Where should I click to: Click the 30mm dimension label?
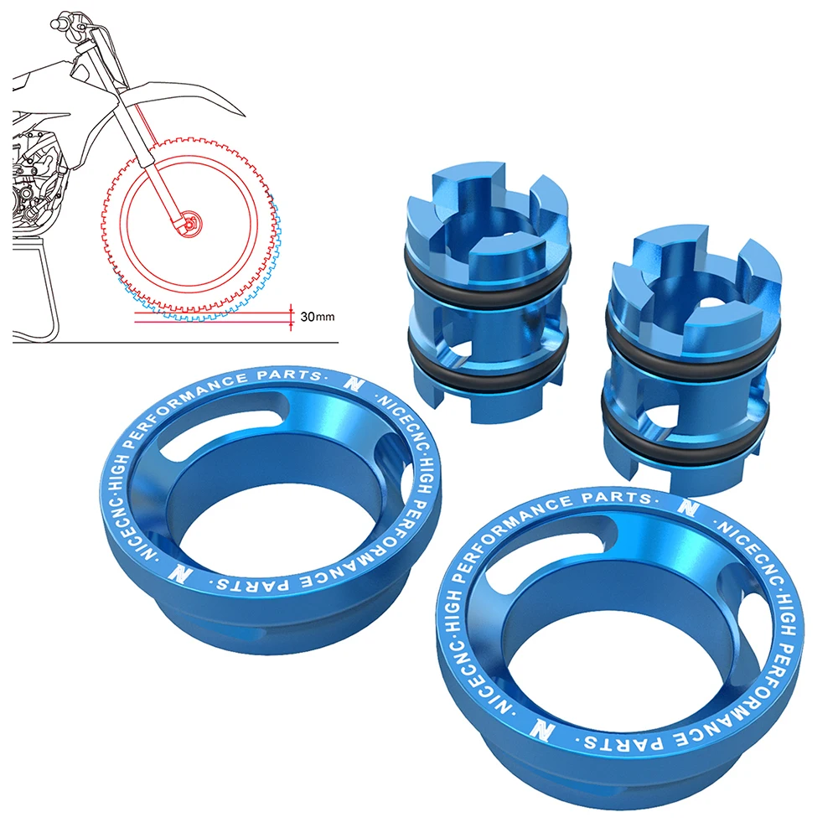pos(317,317)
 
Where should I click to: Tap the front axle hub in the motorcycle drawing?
pos(191,221)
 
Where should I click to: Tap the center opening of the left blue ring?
pos(251,536)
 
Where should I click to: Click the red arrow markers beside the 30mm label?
pos(291,317)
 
